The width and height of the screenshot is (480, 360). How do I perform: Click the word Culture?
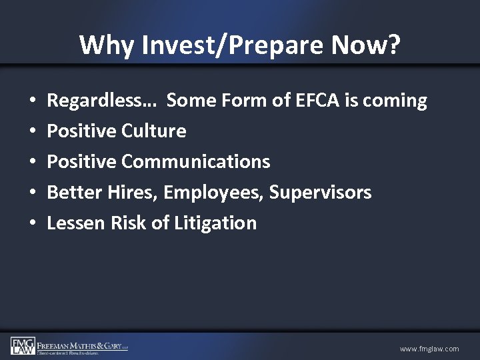pyautogui.click(x=155, y=131)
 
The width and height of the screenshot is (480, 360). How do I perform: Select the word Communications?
pyautogui.click(x=197, y=161)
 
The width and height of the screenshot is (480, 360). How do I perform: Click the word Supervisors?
pyautogui.click(x=321, y=193)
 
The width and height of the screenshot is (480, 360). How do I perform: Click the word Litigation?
pyautogui.click(x=215, y=223)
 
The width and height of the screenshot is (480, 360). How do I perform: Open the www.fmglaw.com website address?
pyautogui.click(x=429, y=349)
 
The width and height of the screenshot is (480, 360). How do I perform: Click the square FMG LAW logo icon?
pyautogui.click(x=22, y=345)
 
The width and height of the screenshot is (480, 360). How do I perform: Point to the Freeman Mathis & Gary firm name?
pyautogui.click(x=82, y=345)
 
